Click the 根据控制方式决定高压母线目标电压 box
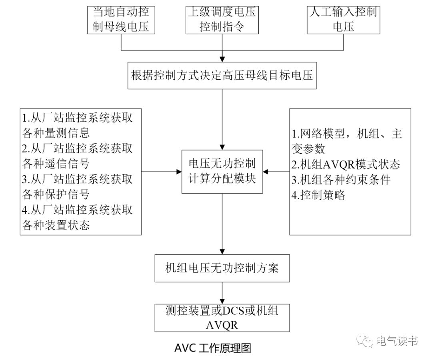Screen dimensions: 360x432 tap(222, 75)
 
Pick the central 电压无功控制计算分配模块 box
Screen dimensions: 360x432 tap(222, 171)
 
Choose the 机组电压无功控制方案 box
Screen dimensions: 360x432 tap(222, 268)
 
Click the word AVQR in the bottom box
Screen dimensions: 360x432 tap(222, 325)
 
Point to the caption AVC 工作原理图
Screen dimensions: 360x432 tap(212, 348)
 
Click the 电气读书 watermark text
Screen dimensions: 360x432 tap(397, 341)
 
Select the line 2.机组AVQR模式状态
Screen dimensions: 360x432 tap(346, 165)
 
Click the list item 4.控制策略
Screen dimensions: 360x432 tap(318, 195)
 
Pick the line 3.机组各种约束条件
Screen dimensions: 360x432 tap(341, 180)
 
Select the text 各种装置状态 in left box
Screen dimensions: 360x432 tap(56, 225)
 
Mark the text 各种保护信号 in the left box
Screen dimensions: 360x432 tap(56, 194)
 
